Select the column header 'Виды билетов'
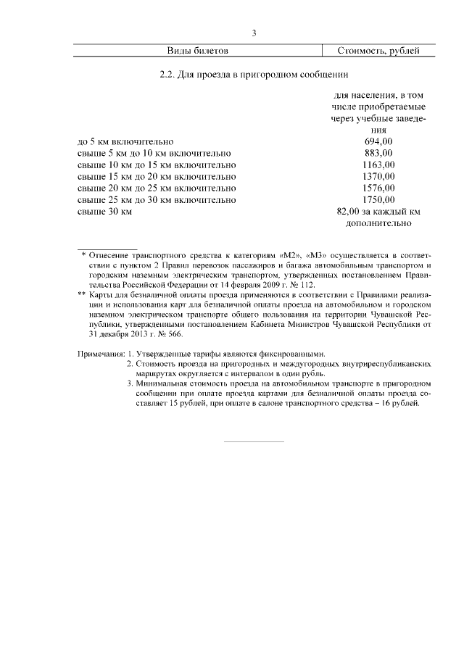click(x=198, y=51)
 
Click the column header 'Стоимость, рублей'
click(x=378, y=51)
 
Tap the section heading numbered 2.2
click(x=254, y=74)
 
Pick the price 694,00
click(x=378, y=141)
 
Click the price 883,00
click(x=378, y=153)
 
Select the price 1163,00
click(x=378, y=165)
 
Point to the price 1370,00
click(x=378, y=176)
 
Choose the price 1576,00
click(x=378, y=188)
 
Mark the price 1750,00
click(x=378, y=199)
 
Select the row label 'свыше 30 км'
click(x=104, y=211)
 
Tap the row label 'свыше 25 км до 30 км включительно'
click(x=156, y=199)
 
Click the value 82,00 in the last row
click(x=349, y=211)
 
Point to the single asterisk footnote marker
click(x=84, y=255)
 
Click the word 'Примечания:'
click(x=99, y=354)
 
